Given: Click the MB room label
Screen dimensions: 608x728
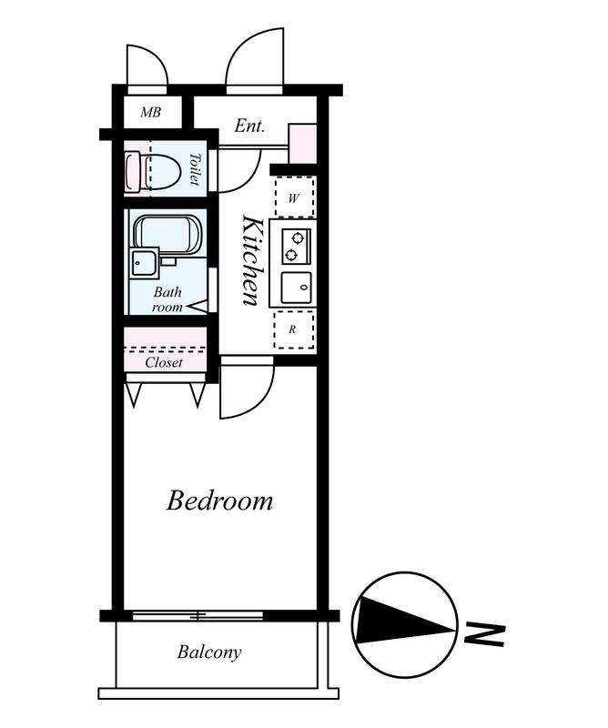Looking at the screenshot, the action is tap(151, 112).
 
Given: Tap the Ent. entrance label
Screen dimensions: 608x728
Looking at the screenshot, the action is tap(249, 126).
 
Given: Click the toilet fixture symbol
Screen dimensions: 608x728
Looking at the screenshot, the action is tap(152, 172).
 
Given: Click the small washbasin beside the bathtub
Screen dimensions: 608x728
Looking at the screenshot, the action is tap(145, 263).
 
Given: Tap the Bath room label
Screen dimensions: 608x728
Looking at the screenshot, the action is tap(167, 299).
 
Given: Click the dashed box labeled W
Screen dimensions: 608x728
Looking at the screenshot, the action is tap(294, 197).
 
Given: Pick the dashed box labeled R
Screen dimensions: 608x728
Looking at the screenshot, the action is tap(294, 329).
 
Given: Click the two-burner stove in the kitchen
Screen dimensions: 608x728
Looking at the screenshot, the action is tap(296, 247).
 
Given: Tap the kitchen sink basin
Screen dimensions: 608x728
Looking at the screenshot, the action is tap(296, 288).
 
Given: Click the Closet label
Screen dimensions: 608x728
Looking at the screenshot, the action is tap(164, 362).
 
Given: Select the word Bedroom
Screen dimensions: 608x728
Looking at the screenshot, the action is tap(219, 500).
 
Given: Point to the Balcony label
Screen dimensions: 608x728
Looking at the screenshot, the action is tap(209, 652).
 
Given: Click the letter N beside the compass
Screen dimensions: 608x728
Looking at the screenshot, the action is tap(484, 635).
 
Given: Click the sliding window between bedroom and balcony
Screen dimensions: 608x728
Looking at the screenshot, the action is tap(198, 616).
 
